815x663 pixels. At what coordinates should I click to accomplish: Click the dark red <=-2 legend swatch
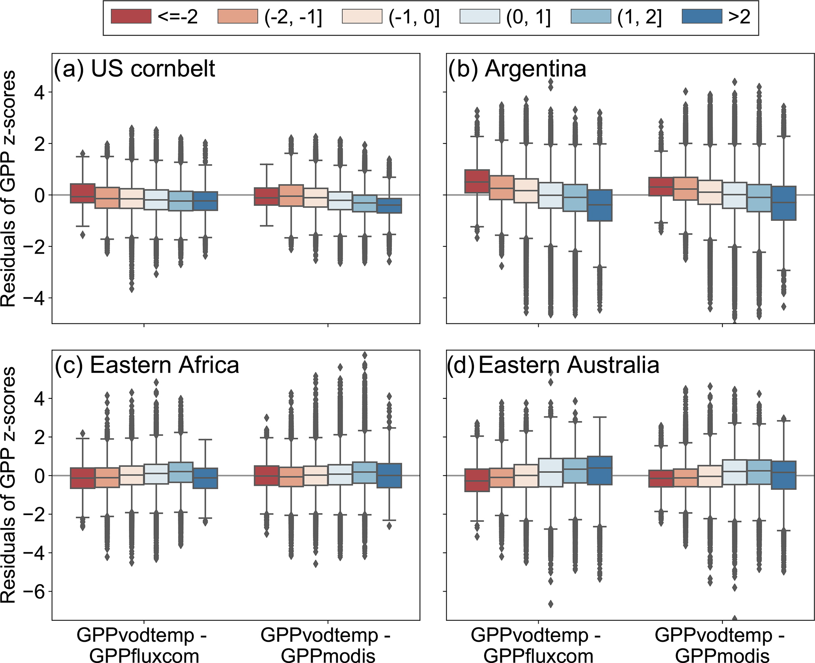[131, 17]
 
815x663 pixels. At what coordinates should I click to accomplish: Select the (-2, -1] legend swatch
[237, 17]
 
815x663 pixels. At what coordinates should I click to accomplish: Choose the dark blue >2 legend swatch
[702, 17]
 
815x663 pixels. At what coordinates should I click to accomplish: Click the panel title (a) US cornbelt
[134, 69]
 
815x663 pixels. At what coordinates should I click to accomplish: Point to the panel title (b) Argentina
[517, 69]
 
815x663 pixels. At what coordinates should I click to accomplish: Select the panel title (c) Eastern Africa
[147, 365]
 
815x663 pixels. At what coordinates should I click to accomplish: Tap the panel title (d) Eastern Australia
[553, 365]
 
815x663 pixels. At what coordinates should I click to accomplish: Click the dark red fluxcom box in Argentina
[477, 181]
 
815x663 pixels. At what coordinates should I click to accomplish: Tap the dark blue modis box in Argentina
[784, 203]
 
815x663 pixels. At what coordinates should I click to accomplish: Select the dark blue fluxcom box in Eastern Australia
[600, 470]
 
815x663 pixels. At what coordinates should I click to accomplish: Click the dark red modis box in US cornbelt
[266, 196]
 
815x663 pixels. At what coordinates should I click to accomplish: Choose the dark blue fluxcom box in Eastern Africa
[205, 478]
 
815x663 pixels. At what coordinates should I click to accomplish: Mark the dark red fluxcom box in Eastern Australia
[477, 480]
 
